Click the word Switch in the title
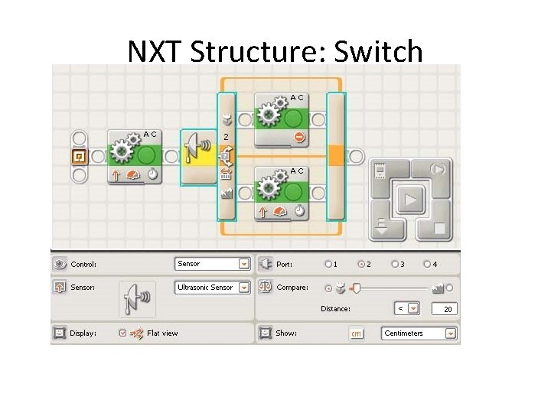tap(379, 51)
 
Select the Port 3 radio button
tap(395, 265)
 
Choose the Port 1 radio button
tap(328, 265)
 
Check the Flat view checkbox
tap(122, 333)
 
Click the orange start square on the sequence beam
tap(78, 157)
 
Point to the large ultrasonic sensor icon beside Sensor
tap(137, 298)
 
